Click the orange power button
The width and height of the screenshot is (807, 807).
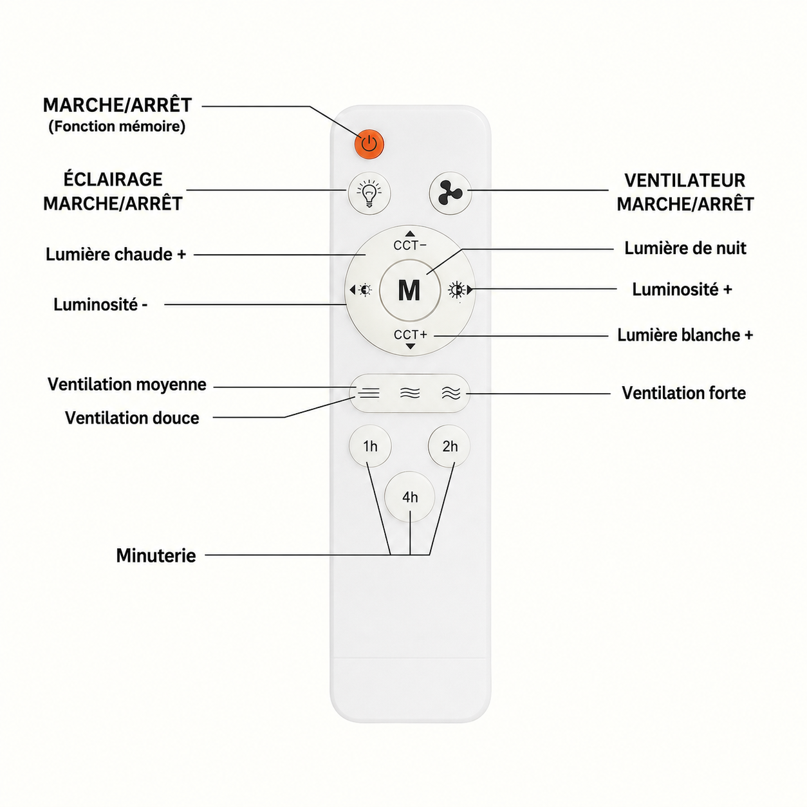point(369,144)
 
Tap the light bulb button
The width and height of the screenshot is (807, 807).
point(369,194)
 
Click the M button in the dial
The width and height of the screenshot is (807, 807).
point(409,290)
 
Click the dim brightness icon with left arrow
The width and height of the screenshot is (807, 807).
point(360,290)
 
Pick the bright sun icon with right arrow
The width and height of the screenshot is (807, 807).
point(460,290)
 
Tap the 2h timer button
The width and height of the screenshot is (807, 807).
point(449,447)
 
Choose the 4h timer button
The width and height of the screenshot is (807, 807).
point(409,497)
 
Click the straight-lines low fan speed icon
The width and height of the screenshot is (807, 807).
point(369,393)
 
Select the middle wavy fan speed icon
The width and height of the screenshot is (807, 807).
point(410,393)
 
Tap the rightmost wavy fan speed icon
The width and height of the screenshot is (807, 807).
point(451,393)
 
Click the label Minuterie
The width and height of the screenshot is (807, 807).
point(156,556)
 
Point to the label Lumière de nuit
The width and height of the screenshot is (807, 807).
point(685,248)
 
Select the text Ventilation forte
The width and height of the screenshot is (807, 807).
point(684,393)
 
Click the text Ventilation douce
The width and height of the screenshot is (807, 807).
point(132,418)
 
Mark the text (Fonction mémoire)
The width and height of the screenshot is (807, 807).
point(117,127)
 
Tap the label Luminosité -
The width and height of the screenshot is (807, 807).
point(100,304)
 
